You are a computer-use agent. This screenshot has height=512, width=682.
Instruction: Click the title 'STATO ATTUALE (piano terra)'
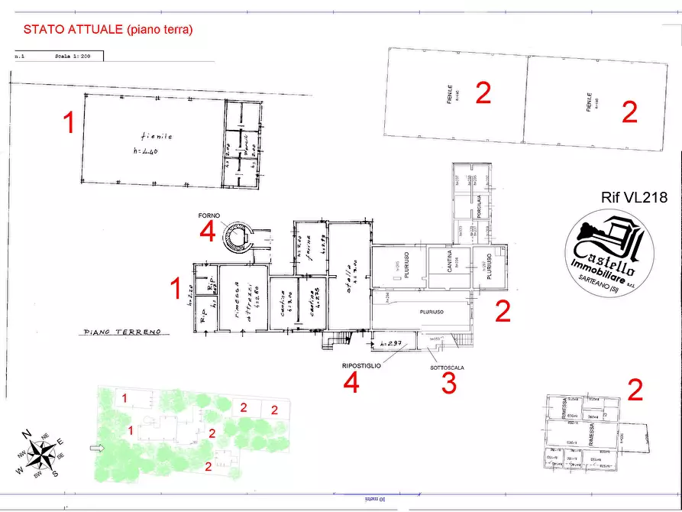(108, 30)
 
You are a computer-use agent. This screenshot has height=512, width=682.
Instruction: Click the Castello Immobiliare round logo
(609, 250)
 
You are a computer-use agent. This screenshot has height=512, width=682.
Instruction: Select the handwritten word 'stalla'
(347, 274)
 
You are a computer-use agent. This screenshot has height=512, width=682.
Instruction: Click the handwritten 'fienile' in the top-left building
(157, 136)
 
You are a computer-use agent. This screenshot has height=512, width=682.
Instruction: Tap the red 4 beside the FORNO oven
(207, 232)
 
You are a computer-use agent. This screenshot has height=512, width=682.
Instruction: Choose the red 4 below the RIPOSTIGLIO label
(351, 384)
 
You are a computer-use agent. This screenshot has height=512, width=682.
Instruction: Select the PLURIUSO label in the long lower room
(432, 312)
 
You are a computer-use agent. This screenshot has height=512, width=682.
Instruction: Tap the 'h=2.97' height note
(391, 345)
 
